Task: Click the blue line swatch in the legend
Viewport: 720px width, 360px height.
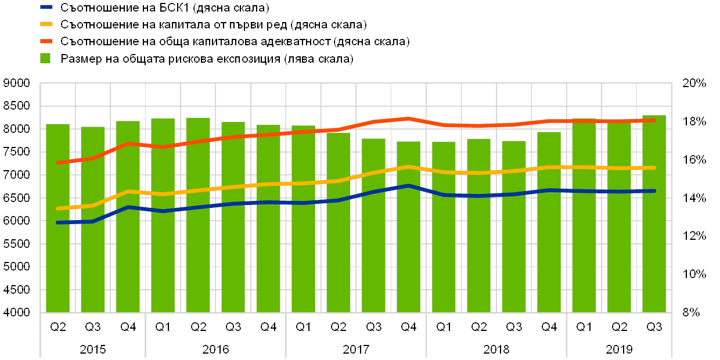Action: pyautogui.click(x=46, y=8)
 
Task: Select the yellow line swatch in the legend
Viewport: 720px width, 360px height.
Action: pyautogui.click(x=46, y=25)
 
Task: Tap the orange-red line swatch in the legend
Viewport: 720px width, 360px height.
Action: pyautogui.click(x=46, y=42)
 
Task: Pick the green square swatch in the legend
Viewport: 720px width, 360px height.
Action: pyautogui.click(x=45, y=59)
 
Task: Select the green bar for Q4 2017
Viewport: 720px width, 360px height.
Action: pyautogui.click(x=409, y=226)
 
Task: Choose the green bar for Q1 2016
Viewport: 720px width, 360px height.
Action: pyautogui.click(x=163, y=215)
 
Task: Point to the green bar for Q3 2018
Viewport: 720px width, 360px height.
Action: pyautogui.click(x=514, y=226)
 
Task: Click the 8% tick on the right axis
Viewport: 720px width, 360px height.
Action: pyautogui.click(x=691, y=312)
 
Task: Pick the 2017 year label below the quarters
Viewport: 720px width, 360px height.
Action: pyautogui.click(x=356, y=350)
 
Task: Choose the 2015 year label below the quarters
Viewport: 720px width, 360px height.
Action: pyautogui.click(x=93, y=350)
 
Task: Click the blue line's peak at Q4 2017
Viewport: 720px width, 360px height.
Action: pyautogui.click(x=409, y=186)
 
